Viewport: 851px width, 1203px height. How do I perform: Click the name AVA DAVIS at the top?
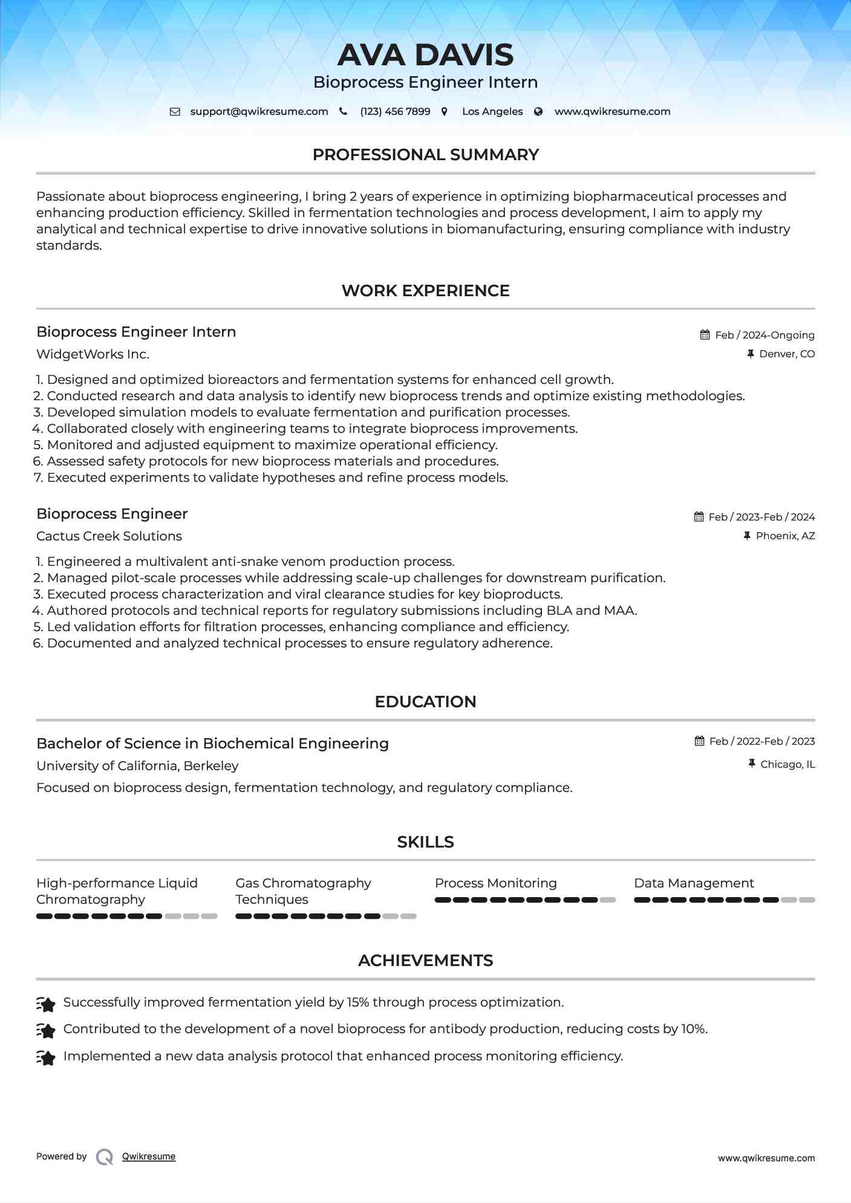[425, 55]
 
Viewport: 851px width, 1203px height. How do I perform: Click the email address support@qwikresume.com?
[259, 112]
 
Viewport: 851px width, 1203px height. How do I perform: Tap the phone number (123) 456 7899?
[395, 112]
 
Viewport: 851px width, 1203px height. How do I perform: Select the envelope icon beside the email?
[175, 112]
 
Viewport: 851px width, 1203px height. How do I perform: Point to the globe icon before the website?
[538, 112]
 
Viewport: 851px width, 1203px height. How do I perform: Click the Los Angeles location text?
[492, 112]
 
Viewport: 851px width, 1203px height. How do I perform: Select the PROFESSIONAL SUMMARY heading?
[425, 155]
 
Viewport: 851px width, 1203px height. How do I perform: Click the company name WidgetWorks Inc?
[93, 354]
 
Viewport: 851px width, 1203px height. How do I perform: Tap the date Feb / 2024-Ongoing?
[765, 335]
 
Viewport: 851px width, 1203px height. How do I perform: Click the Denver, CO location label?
[787, 354]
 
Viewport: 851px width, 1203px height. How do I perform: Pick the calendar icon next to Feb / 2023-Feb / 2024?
[699, 517]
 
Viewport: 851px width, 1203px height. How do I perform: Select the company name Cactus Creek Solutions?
[109, 536]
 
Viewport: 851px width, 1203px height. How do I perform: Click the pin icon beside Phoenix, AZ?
[747, 536]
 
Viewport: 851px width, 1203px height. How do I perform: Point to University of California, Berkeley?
[137, 766]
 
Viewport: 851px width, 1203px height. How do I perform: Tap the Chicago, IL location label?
[787, 765]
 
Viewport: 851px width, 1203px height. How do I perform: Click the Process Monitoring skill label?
[495, 883]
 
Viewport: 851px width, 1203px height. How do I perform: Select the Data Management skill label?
[694, 883]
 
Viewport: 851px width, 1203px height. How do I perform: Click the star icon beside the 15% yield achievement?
[46, 1004]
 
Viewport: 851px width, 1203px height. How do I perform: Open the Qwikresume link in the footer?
[149, 1156]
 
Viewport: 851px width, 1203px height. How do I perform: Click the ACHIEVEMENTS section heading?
[425, 961]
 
